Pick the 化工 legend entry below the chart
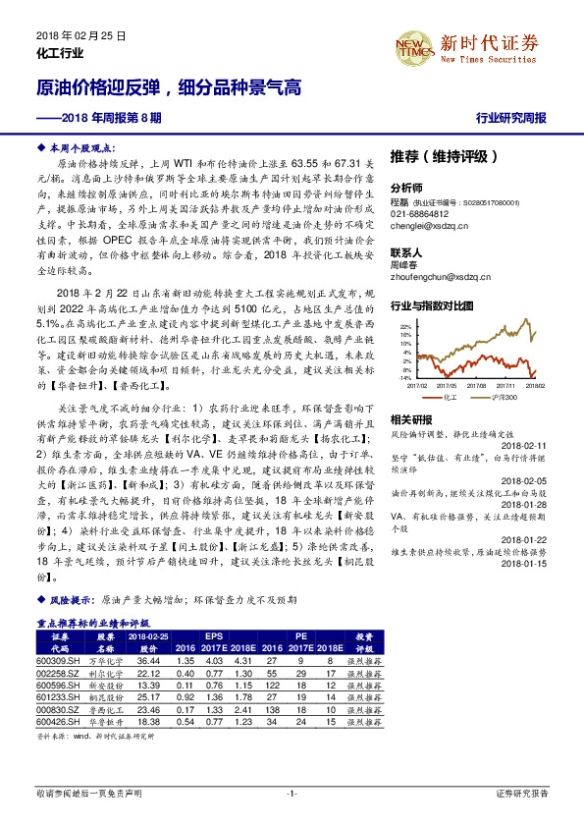[451, 397]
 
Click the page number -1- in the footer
[292, 792]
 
